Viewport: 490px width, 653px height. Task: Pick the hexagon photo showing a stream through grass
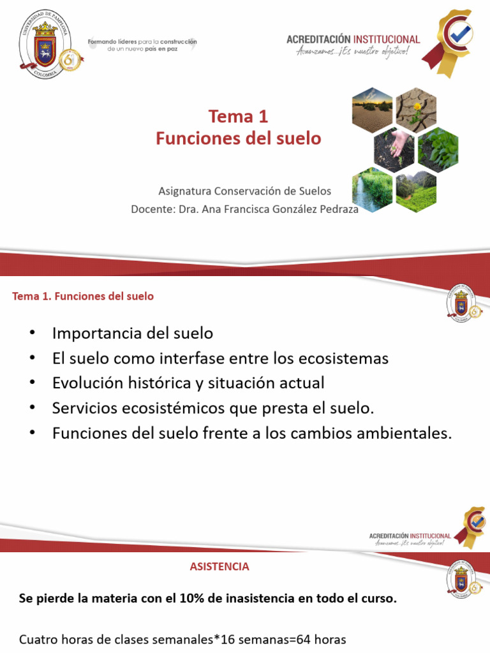pos(372,189)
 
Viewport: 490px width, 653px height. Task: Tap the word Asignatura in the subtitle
pos(184,191)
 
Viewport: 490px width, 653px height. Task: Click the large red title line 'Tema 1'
pos(238,116)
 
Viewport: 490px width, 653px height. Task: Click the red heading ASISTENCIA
pos(219,566)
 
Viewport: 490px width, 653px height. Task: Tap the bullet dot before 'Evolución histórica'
pos(33,383)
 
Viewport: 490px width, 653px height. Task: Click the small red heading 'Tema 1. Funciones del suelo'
pos(83,297)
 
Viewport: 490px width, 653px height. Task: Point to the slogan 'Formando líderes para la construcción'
pos(142,41)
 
